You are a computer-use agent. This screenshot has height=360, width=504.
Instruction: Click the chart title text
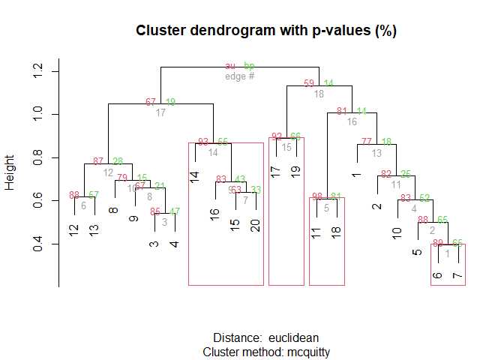(x=266, y=31)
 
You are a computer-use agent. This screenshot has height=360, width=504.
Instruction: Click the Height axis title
(x=10, y=173)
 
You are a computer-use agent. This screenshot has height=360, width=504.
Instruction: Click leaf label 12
(x=73, y=231)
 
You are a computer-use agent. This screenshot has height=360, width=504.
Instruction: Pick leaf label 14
(x=194, y=178)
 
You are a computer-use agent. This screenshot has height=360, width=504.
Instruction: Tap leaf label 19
(x=295, y=172)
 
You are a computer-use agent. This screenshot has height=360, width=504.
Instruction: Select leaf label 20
(x=256, y=226)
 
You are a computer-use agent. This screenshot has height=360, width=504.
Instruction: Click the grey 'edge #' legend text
(x=240, y=76)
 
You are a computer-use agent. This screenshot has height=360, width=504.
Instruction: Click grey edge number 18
(x=319, y=94)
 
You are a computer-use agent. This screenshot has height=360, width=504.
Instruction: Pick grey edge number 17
(x=160, y=113)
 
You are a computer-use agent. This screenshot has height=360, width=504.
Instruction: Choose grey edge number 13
(x=376, y=153)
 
